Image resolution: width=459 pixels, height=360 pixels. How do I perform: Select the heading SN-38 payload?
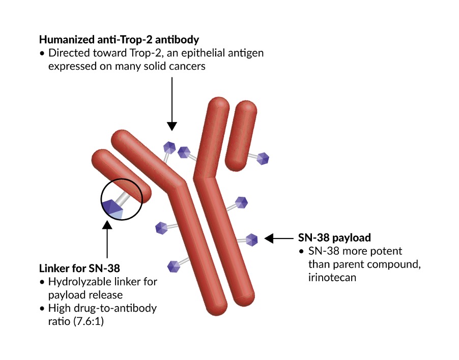pyautogui.click(x=334, y=237)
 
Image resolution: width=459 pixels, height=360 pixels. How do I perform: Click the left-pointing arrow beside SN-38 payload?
pyautogui.click(x=277, y=237)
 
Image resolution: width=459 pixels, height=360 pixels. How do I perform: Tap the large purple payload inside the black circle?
pyautogui.click(x=112, y=208)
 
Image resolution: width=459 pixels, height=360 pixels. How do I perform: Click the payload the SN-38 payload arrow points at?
pyautogui.click(x=252, y=239)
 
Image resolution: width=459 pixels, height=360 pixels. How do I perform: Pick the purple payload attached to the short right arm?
pyautogui.click(x=263, y=158)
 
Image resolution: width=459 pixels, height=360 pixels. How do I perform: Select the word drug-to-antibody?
pyautogui.click(x=113, y=309)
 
